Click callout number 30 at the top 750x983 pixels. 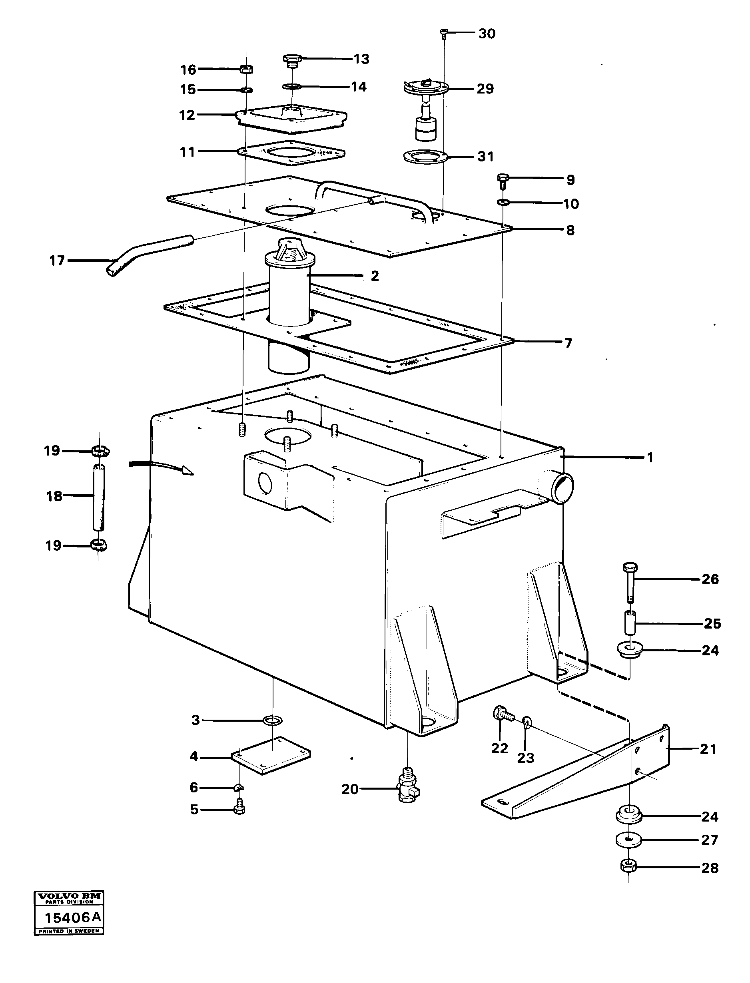click(x=487, y=34)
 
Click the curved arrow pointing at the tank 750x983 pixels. click(x=161, y=467)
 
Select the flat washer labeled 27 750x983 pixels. click(x=628, y=840)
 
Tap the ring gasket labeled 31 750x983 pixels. click(x=424, y=157)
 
